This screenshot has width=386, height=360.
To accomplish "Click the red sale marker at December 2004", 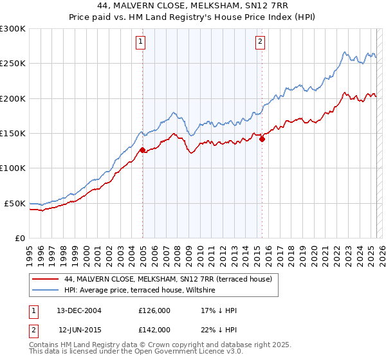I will tap(142, 150).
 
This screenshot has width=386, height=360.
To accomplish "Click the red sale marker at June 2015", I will tap(262, 139).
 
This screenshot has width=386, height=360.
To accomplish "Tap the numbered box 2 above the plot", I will tap(260, 42).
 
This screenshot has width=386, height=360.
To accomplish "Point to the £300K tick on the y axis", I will tap(13, 29).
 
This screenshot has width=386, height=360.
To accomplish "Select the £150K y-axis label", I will tap(13, 133).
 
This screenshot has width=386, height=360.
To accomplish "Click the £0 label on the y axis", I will tap(19, 238).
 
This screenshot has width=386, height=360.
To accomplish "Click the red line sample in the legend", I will tap(45, 279).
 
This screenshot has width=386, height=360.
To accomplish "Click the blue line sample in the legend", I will tap(45, 291).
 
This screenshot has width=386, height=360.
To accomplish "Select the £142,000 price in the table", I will tap(154, 329).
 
